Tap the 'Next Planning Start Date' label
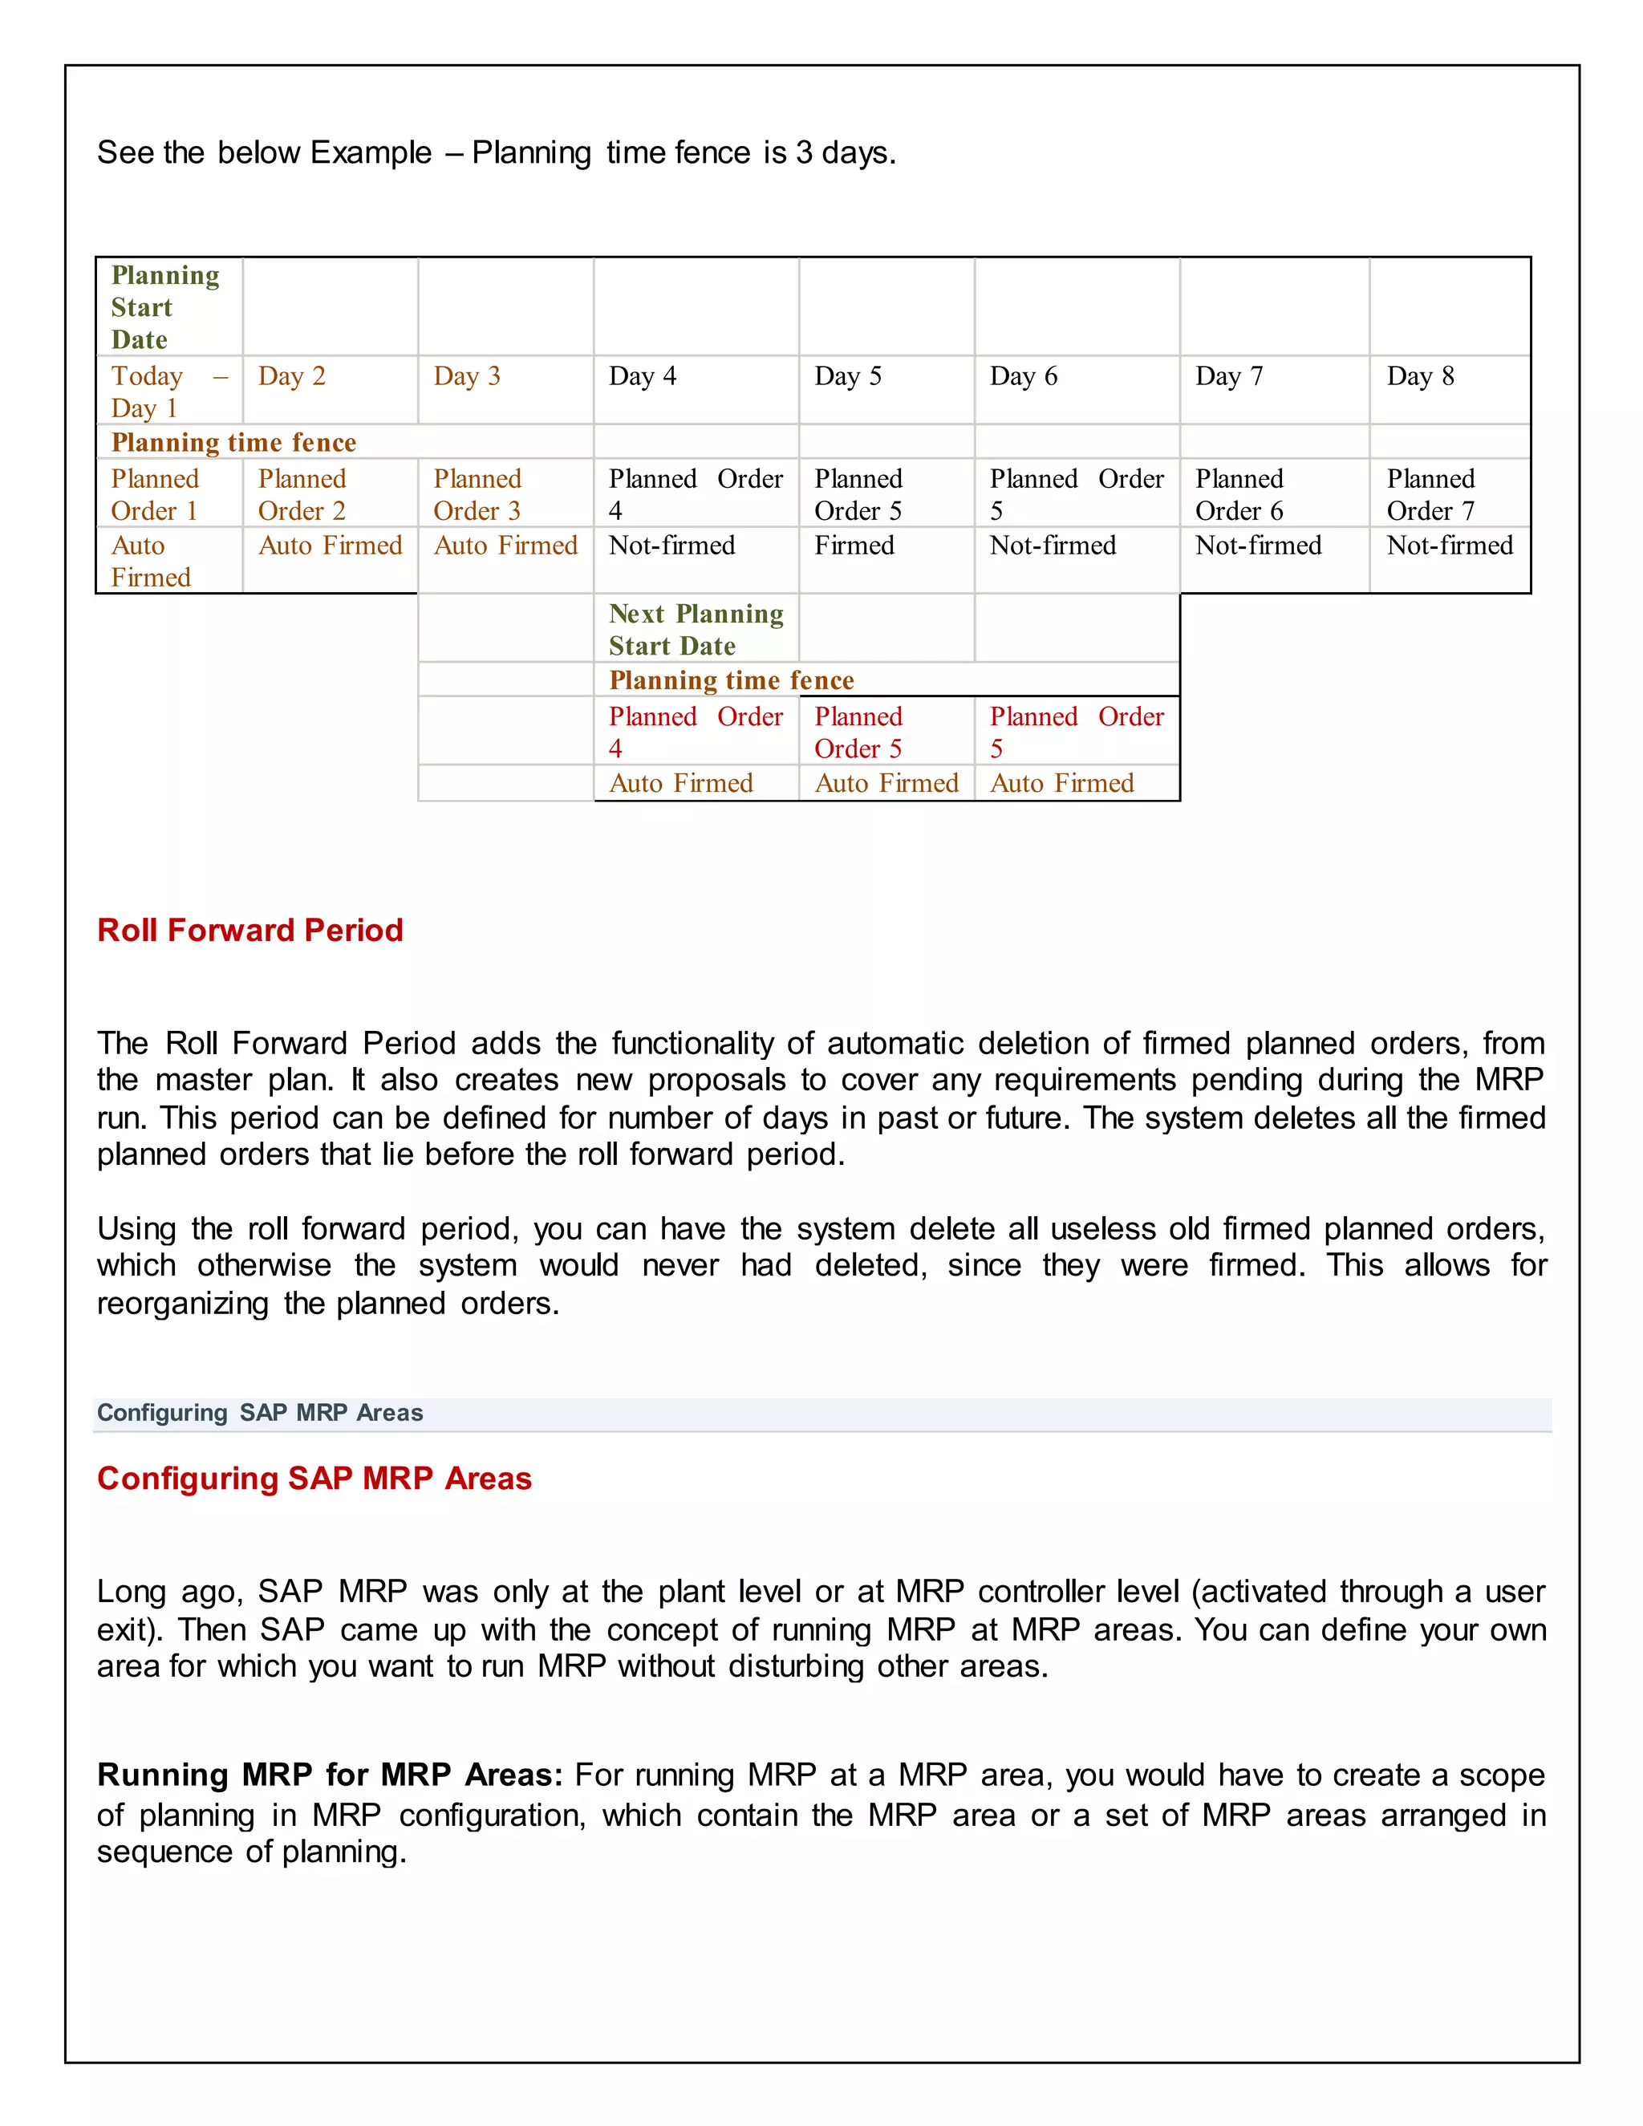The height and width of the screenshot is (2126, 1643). tap(695, 630)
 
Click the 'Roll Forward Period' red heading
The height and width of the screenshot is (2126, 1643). tap(250, 930)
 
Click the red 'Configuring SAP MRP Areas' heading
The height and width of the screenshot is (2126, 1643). tap(314, 1478)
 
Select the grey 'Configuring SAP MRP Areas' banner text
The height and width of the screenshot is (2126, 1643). tap(260, 1413)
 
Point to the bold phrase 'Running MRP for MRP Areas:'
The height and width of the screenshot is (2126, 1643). tap(330, 1775)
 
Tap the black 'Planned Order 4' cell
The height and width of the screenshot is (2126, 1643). tap(695, 494)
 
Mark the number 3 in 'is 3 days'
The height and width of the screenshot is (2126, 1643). tap(804, 152)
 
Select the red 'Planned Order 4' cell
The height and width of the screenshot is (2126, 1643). tap(695, 732)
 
